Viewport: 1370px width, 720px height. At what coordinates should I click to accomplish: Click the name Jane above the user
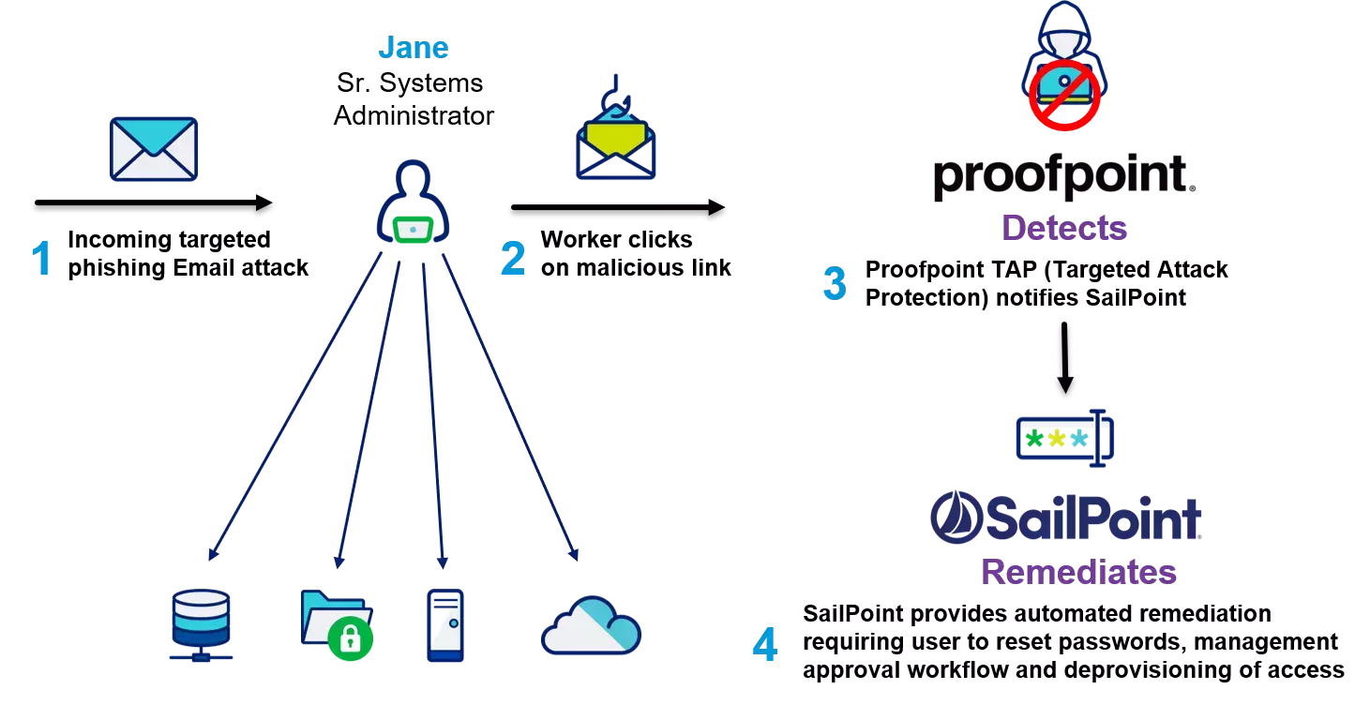tap(414, 48)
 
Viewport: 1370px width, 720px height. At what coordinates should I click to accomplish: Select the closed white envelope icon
tap(154, 149)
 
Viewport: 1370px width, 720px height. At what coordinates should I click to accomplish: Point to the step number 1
tap(41, 259)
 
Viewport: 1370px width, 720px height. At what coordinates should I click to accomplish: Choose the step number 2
tap(513, 259)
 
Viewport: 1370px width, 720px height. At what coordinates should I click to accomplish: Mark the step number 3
tap(834, 283)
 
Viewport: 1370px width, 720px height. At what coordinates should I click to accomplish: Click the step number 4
tap(764, 645)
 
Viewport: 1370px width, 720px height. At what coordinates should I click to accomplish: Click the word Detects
tap(1064, 228)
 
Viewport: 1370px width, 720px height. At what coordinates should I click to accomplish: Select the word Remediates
tap(1078, 572)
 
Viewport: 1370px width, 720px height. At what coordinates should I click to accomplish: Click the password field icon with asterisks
tap(1065, 439)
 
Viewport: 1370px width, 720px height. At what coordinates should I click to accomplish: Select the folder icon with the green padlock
tap(336, 622)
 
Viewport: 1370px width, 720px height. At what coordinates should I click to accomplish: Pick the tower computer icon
tap(444, 625)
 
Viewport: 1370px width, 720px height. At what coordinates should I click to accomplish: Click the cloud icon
tap(591, 625)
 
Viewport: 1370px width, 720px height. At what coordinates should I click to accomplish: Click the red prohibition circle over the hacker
tap(1064, 94)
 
